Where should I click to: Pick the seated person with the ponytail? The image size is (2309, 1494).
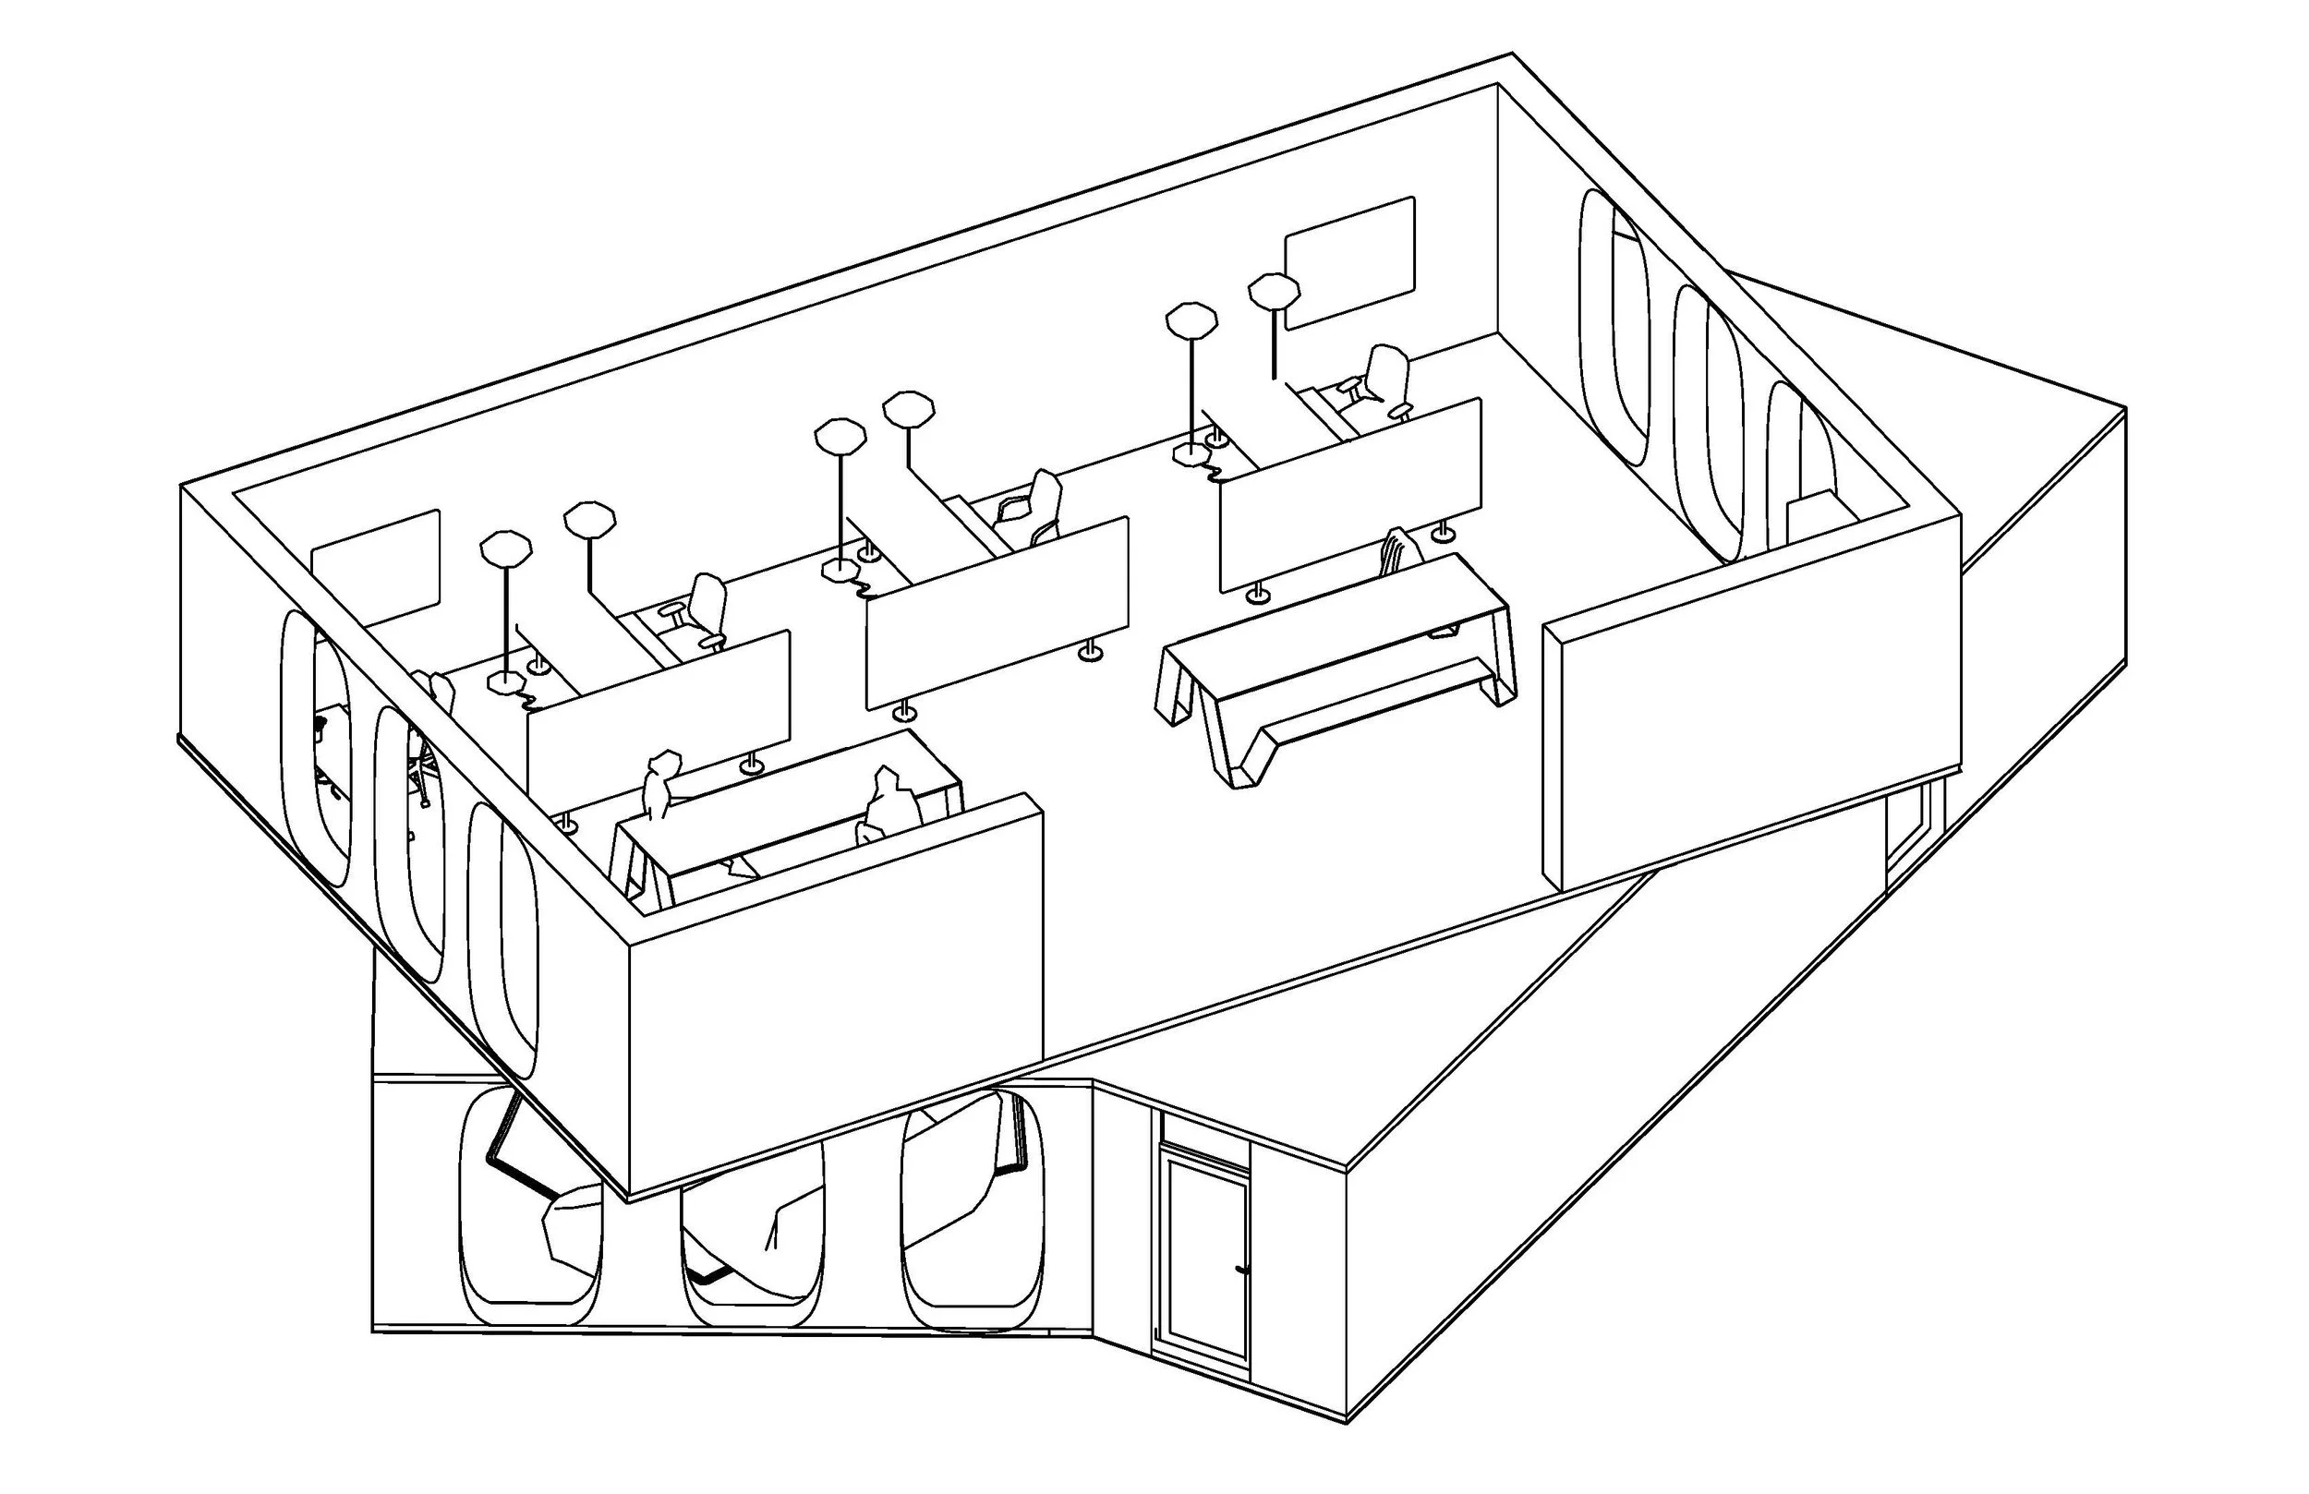660,786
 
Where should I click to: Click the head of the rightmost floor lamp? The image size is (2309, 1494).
1274,290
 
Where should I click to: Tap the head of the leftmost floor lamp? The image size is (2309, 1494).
505,548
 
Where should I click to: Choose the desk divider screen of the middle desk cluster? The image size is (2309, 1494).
997,612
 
